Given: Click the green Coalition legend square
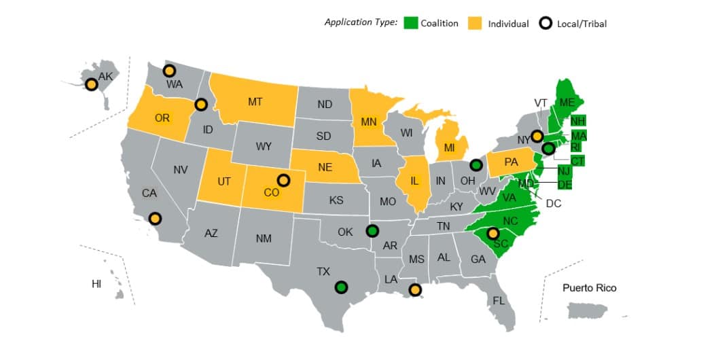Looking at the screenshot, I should pyautogui.click(x=410, y=22).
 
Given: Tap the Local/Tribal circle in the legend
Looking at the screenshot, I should pyautogui.click(x=544, y=22).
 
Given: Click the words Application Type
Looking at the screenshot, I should pyautogui.click(x=360, y=22).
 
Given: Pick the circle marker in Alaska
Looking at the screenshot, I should pyautogui.click(x=91, y=84).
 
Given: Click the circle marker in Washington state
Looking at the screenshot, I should pyautogui.click(x=169, y=71).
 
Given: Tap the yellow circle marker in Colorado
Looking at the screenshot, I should pyautogui.click(x=283, y=181).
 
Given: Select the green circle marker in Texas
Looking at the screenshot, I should pyautogui.click(x=342, y=287).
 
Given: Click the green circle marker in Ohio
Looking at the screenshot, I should pyautogui.click(x=476, y=164).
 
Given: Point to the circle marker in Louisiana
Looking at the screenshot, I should pyautogui.click(x=415, y=290).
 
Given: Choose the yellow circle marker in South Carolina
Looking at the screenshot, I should pyautogui.click(x=494, y=233).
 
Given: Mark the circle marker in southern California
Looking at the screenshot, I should pyautogui.click(x=156, y=219).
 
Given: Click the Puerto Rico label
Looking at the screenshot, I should pyautogui.click(x=589, y=288).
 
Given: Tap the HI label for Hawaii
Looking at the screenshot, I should pyautogui.click(x=96, y=284).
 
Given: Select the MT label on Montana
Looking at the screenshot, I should pyautogui.click(x=255, y=102).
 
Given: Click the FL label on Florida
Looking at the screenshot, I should pyautogui.click(x=499, y=301).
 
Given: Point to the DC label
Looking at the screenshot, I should pyautogui.click(x=553, y=203).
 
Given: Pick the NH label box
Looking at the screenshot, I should pyautogui.click(x=578, y=122).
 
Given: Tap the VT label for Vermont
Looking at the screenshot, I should pyautogui.click(x=541, y=103).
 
